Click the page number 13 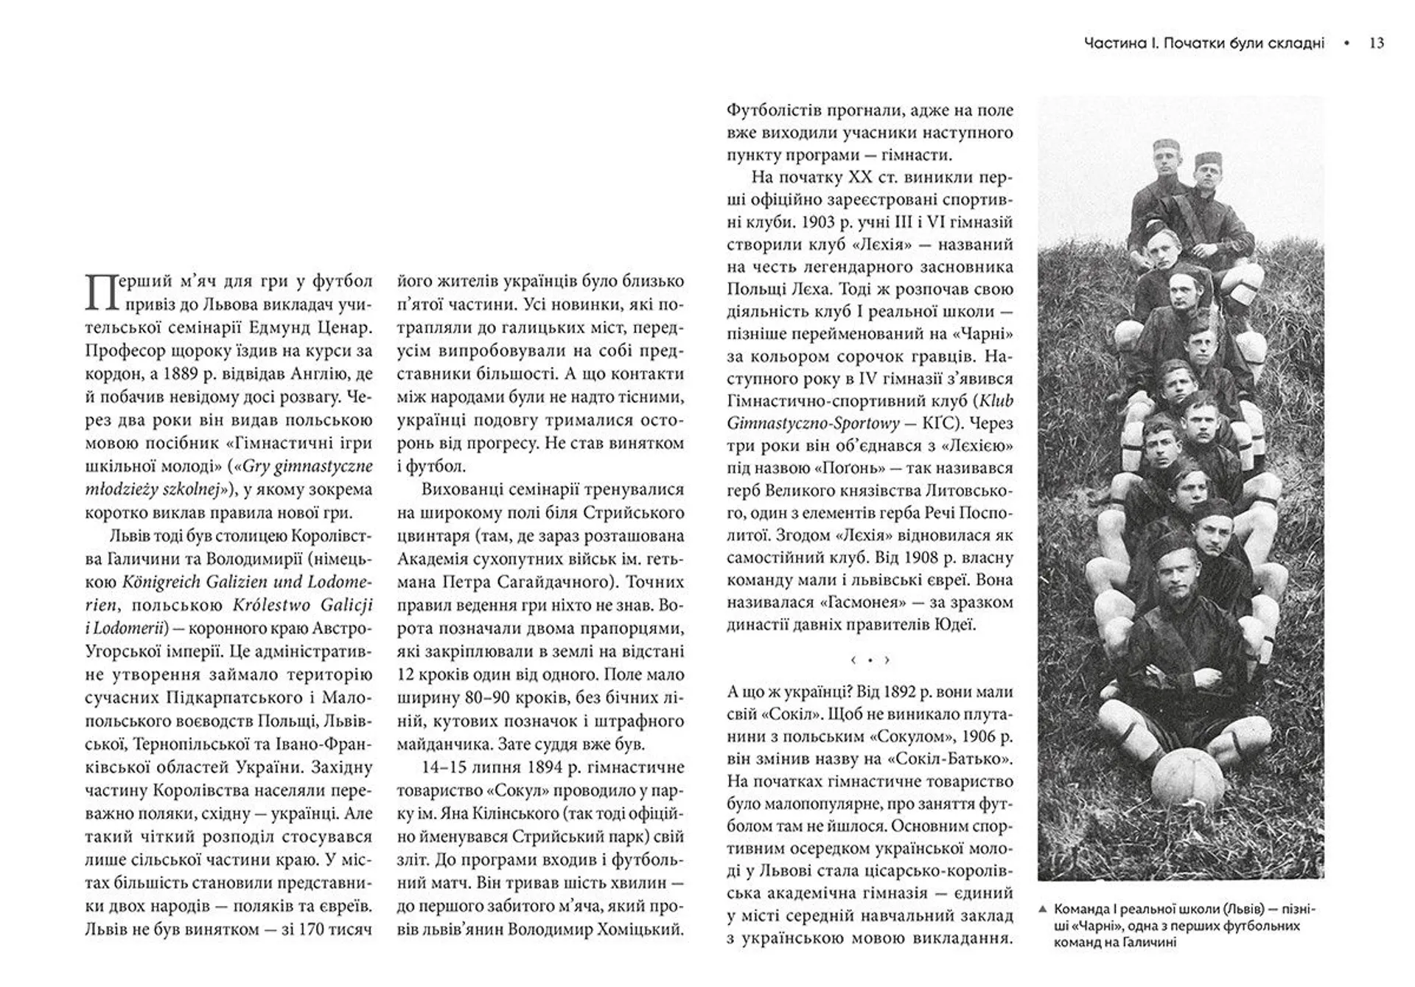[x=1376, y=43]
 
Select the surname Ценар [x=344, y=327]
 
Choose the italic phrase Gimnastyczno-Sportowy [x=814, y=424]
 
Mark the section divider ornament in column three [x=870, y=660]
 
